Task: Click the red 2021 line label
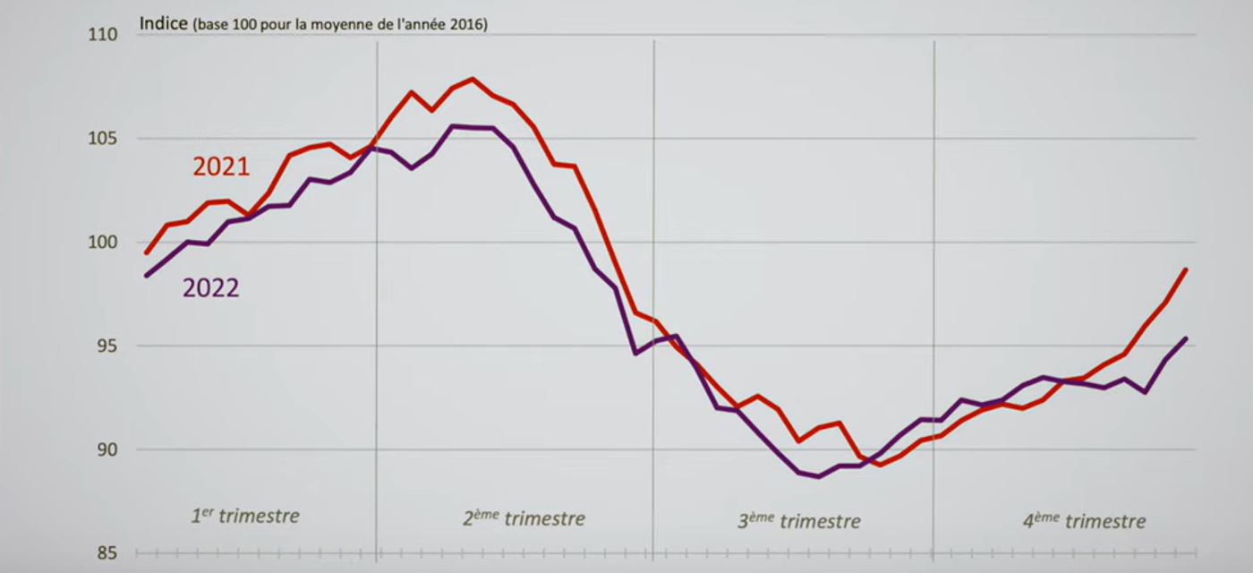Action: click(x=220, y=167)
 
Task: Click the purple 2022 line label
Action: click(x=210, y=288)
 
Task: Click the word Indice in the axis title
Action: click(x=163, y=24)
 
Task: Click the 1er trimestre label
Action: click(x=245, y=517)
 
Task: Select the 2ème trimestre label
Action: click(x=524, y=518)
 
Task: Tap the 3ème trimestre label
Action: click(x=798, y=521)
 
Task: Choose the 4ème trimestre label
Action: click(x=1084, y=521)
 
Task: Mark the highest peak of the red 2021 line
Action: click(x=473, y=79)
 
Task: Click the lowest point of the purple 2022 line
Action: click(x=819, y=476)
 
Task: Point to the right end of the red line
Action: click(x=1186, y=269)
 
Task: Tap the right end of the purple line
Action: click(x=1186, y=338)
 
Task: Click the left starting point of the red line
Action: click(x=147, y=252)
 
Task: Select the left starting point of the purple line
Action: click(x=147, y=276)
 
